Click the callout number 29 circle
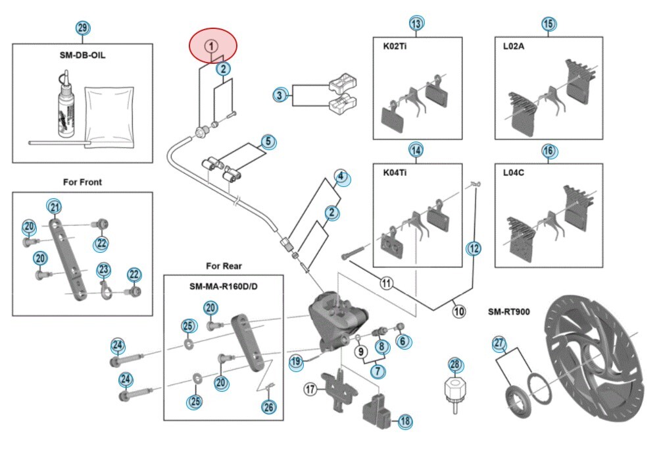(x=82, y=28)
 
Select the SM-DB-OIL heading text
(x=82, y=55)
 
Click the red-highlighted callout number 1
(x=211, y=46)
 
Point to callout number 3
(x=280, y=96)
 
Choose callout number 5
(x=267, y=142)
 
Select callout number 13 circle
(x=416, y=24)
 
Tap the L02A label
(x=514, y=47)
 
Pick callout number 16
(x=549, y=151)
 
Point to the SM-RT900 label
(x=508, y=310)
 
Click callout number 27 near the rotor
(x=499, y=342)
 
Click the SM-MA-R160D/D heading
(x=223, y=287)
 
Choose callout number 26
(x=268, y=407)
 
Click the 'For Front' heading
(x=82, y=182)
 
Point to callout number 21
(x=55, y=207)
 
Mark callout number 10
(x=458, y=311)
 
